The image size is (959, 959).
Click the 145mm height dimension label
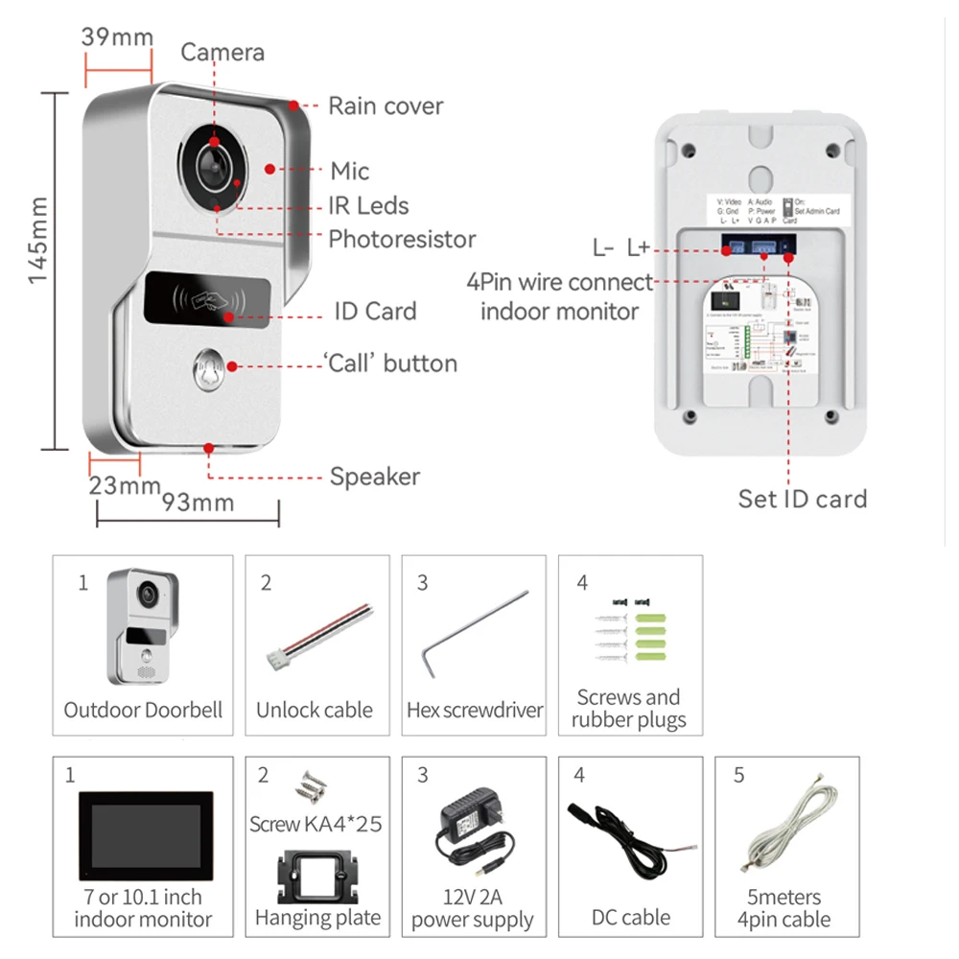pos(37,240)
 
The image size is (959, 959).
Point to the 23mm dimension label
pos(125,485)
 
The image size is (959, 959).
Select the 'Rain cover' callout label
pos(386,105)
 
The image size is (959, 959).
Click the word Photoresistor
pos(402,239)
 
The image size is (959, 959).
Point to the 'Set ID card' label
pos(802,499)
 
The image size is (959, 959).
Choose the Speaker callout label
pos(375,477)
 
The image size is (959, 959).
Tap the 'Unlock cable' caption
pos(315,711)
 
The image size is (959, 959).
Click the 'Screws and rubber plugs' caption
pos(628,709)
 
